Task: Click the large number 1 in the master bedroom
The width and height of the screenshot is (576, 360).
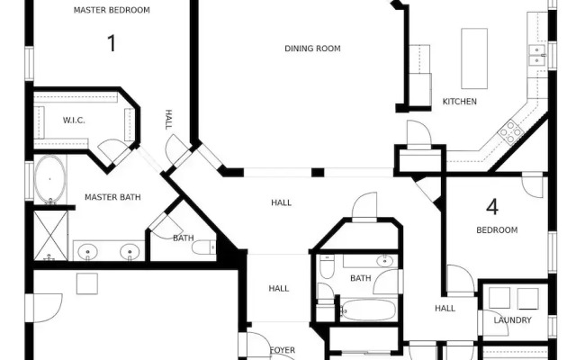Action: (112, 43)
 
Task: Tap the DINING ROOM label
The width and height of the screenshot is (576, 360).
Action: (312, 49)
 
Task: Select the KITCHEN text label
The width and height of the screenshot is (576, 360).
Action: (459, 102)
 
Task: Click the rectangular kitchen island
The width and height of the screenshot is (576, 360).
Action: (474, 58)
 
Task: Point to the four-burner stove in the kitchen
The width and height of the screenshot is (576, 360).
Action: (511, 133)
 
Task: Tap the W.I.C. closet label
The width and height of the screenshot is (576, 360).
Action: (74, 121)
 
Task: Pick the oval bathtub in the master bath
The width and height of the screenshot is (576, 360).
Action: (49, 179)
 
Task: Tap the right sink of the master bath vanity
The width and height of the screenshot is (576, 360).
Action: (131, 252)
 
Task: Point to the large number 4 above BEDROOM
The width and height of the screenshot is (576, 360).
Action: (492, 208)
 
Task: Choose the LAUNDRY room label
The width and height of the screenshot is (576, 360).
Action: (513, 320)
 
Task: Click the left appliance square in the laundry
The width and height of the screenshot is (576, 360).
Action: (499, 298)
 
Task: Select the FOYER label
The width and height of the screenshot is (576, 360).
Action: (283, 350)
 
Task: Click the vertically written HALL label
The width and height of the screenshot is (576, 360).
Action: (168, 120)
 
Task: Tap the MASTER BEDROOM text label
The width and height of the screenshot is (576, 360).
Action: (112, 10)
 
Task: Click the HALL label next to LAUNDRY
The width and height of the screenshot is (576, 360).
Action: (445, 308)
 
